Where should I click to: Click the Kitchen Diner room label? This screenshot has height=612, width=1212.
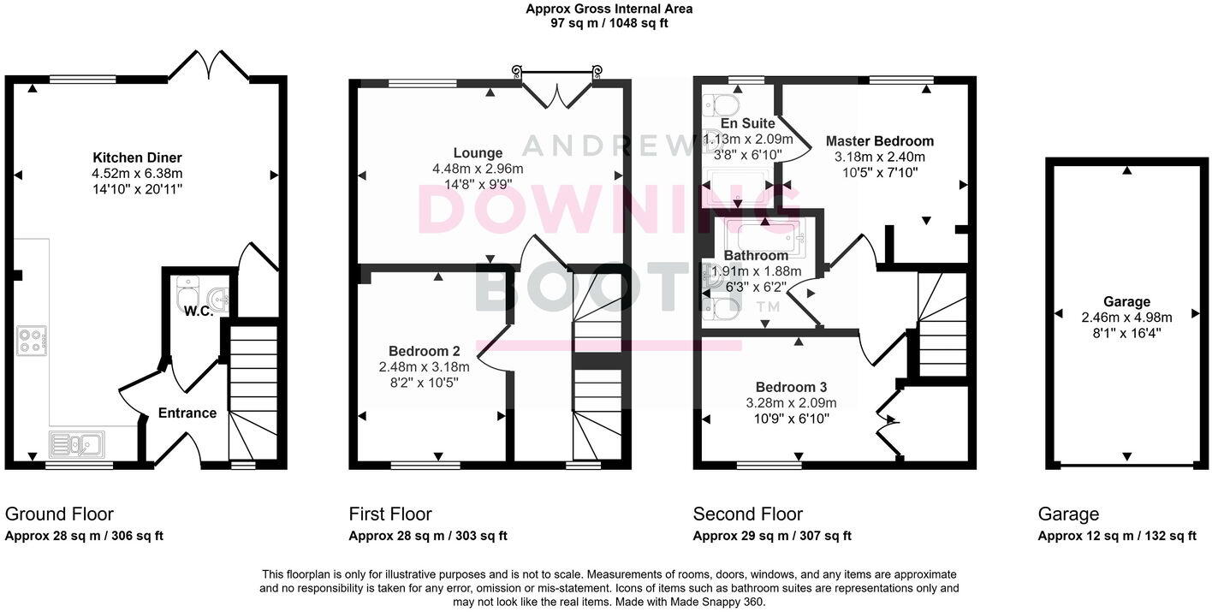pyautogui.click(x=137, y=157)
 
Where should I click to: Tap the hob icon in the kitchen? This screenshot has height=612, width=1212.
pyautogui.click(x=32, y=341)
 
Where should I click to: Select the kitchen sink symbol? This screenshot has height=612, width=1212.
pyautogui.click(x=76, y=444)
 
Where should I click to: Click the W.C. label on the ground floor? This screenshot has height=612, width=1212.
pyautogui.click(x=198, y=311)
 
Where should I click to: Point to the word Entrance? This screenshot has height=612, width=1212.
pyautogui.click(x=187, y=413)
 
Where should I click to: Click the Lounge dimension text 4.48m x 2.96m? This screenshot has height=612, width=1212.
pyautogui.click(x=478, y=169)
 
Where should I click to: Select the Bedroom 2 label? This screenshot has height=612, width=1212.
pyautogui.click(x=425, y=351)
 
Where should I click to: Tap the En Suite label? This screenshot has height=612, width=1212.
pyautogui.click(x=747, y=123)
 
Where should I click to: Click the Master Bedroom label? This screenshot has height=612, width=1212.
pyautogui.click(x=879, y=141)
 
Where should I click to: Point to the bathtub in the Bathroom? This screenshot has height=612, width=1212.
pyautogui.click(x=764, y=235)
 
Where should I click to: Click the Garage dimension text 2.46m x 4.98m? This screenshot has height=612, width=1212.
pyautogui.click(x=1126, y=318)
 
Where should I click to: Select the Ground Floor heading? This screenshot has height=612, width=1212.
pyautogui.click(x=59, y=514)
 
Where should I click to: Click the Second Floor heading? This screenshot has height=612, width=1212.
pyautogui.click(x=747, y=514)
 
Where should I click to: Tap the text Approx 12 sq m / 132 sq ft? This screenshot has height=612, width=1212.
pyautogui.click(x=1116, y=537)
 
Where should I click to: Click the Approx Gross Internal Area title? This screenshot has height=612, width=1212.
pyautogui.click(x=609, y=9)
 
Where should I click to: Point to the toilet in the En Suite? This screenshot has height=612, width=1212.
pyautogui.click(x=721, y=105)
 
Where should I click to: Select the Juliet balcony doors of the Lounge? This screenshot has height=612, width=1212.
pyautogui.click(x=555, y=88)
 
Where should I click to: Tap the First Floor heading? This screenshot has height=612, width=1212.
pyautogui.click(x=389, y=514)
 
